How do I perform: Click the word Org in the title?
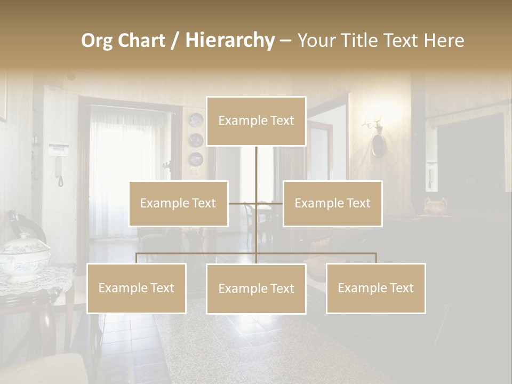pos(97,41)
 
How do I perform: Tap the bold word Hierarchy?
pos(230,41)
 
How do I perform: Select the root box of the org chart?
pos(256,121)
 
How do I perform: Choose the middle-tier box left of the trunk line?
pos(178,203)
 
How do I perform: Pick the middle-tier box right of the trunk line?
pos(332,203)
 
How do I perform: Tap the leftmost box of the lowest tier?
pos(137,288)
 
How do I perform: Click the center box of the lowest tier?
pos(256,289)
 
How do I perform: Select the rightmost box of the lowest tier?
pos(375,288)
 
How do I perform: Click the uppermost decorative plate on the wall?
pos(196,121)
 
